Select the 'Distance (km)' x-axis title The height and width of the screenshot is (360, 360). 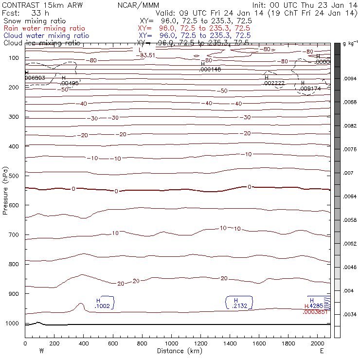point(178,351)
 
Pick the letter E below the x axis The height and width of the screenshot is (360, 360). point(322,351)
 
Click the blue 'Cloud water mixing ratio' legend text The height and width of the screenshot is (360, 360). point(46,36)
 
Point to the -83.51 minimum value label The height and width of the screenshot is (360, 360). point(147,55)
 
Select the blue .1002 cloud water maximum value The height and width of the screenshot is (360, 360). point(103,306)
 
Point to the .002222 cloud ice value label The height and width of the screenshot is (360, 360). point(274,84)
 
